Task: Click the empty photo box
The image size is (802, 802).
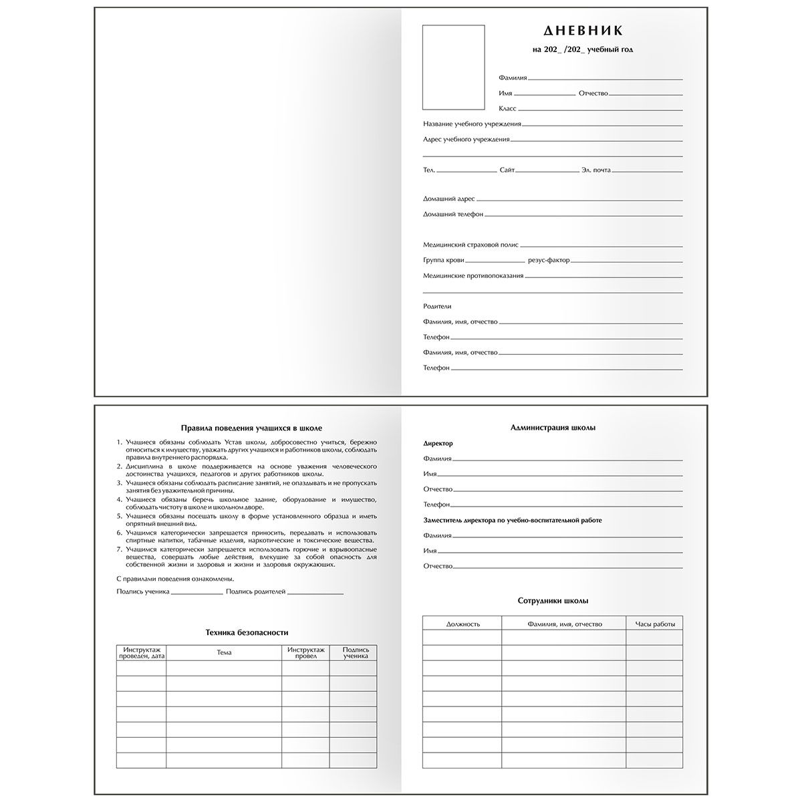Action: click(453, 67)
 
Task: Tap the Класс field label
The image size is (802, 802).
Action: click(507, 108)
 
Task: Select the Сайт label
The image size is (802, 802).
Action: click(507, 170)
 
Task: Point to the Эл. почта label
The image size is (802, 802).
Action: click(596, 170)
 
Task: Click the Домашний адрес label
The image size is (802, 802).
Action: click(448, 199)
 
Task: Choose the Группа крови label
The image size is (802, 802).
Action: click(443, 260)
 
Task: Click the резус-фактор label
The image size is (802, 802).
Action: click(549, 260)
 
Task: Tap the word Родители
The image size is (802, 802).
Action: click(437, 306)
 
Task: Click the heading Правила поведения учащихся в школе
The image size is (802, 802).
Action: click(247, 428)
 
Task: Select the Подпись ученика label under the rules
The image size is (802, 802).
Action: click(142, 592)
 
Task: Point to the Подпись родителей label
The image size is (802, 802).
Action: click(256, 592)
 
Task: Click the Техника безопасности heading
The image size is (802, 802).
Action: click(247, 632)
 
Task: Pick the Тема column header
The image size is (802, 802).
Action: click(224, 652)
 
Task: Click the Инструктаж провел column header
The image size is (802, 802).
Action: click(305, 652)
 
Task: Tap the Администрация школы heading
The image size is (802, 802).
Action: click(553, 428)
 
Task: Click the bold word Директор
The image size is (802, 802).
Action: click(438, 444)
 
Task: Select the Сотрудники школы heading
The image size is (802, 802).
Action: click(553, 601)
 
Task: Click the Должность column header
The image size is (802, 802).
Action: click(462, 624)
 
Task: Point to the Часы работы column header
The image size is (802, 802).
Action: click(654, 624)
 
